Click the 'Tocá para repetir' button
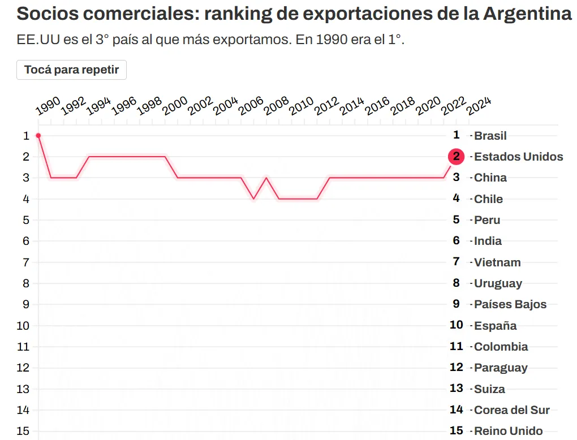point(71,70)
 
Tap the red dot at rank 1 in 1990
point(38,136)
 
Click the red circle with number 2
point(456,157)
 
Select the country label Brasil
point(490,136)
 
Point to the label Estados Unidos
point(518,157)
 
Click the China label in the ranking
point(490,178)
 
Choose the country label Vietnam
point(497,262)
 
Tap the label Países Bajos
point(510,304)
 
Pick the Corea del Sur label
point(511,410)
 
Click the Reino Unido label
point(508,431)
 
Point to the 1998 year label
point(149,105)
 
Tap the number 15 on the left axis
point(23,431)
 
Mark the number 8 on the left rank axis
point(26,283)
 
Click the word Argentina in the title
point(527,14)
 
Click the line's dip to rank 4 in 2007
point(253,199)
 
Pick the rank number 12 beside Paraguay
point(456,368)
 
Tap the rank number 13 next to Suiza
point(456,389)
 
